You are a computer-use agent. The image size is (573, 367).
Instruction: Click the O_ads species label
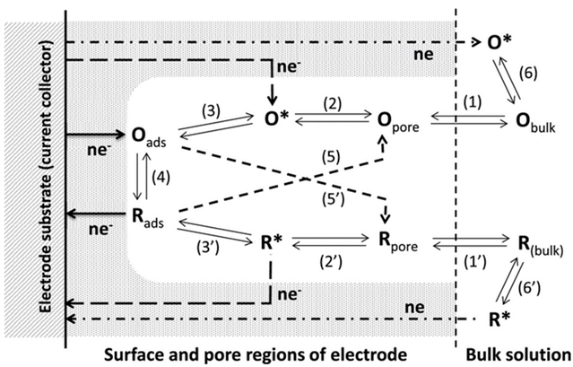(146, 136)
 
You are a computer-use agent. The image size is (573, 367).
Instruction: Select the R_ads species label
(146, 215)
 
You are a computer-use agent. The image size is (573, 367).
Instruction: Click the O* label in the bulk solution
(499, 42)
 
